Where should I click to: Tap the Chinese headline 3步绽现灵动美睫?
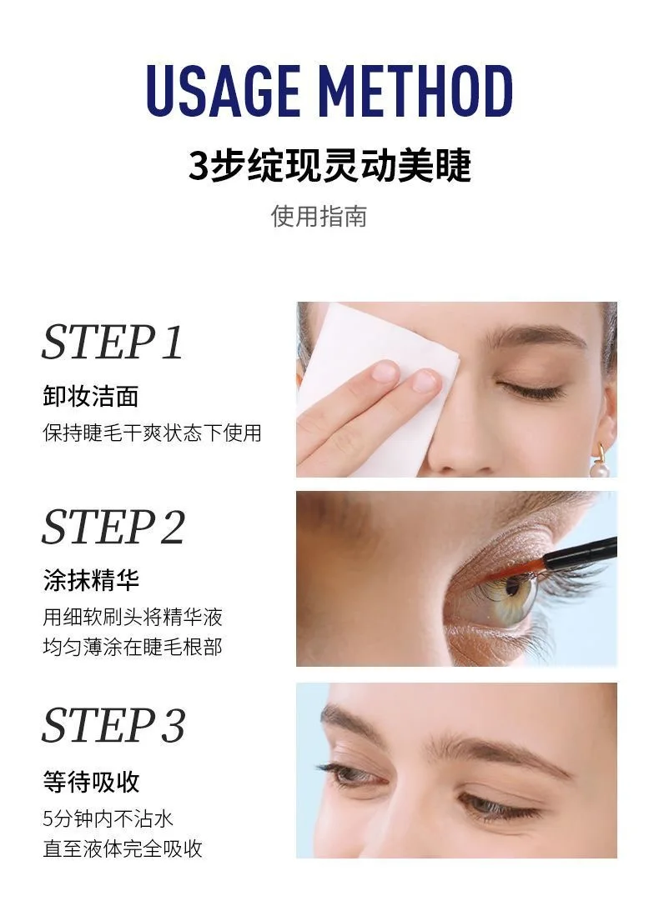click(329, 165)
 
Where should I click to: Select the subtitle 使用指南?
click(319, 216)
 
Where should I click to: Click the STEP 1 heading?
click(112, 343)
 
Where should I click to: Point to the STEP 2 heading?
click(113, 528)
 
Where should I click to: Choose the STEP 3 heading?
click(113, 724)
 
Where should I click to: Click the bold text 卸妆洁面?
click(91, 396)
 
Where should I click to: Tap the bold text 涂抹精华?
click(91, 580)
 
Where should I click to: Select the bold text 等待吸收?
click(91, 782)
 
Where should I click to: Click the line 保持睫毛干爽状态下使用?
click(152, 433)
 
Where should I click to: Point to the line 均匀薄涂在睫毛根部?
click(133, 647)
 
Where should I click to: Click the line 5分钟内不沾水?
click(108, 818)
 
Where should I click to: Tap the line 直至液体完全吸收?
click(123, 849)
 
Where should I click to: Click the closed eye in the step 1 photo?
click(531, 389)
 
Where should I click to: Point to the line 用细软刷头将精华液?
click(133, 617)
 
